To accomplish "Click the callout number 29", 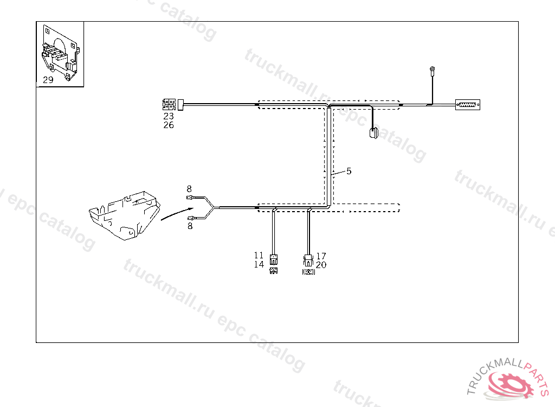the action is click(x=48, y=80).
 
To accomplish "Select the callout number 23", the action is click(x=169, y=116).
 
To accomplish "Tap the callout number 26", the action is click(x=169, y=125).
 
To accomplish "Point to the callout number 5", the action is click(x=349, y=171).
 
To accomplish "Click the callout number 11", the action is click(x=259, y=256).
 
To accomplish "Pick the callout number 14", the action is click(x=259, y=264).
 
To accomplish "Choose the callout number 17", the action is click(x=321, y=256).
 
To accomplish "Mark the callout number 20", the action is click(x=321, y=265).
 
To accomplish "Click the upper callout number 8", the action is click(x=189, y=189).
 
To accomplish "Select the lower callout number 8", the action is click(x=190, y=226).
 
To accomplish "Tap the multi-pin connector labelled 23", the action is click(x=169, y=104).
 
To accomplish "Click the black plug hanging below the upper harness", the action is click(x=373, y=133).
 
